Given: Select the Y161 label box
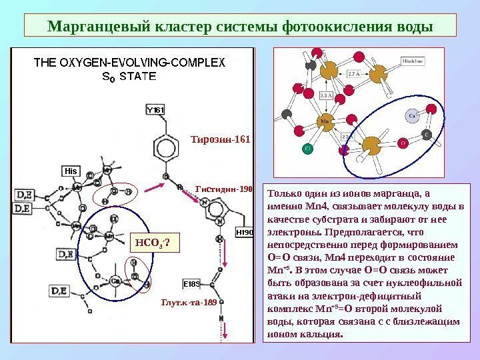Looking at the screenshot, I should pyautogui.click(x=155, y=109).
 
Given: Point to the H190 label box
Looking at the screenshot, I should pyautogui.click(x=244, y=233).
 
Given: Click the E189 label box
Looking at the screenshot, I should pyautogui.click(x=192, y=283).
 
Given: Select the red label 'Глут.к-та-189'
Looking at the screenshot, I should pyautogui.click(x=189, y=302).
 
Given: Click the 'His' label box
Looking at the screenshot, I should pyautogui.click(x=71, y=171).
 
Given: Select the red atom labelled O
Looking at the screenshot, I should pyautogui.click(x=403, y=143).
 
